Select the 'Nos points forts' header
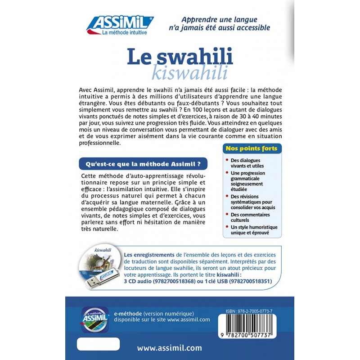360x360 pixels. click(251, 148)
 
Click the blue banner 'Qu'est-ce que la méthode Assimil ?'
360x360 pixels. click(143, 163)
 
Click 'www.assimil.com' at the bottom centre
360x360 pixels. click(169, 348)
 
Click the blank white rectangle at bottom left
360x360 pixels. click(98, 344)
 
